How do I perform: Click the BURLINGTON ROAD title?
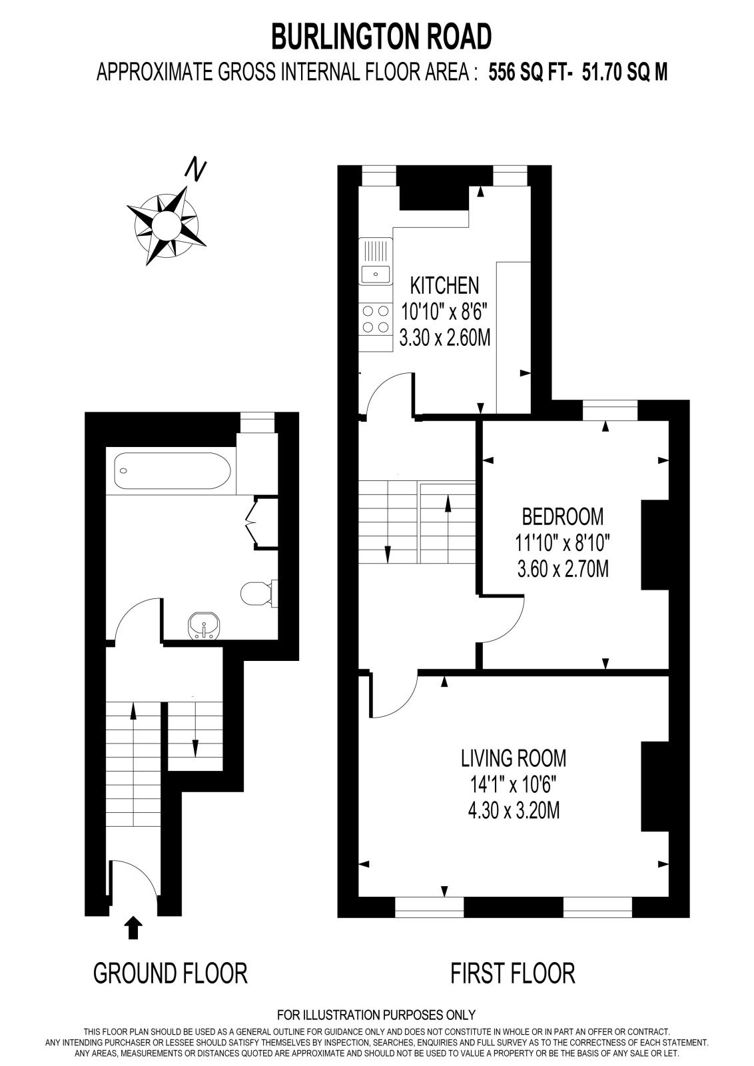pyautogui.click(x=381, y=37)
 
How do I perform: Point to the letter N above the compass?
pyautogui.click(x=196, y=169)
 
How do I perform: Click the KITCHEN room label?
pyautogui.click(x=444, y=286)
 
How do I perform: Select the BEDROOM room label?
pyautogui.click(x=563, y=516)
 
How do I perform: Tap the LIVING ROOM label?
pyautogui.click(x=514, y=758)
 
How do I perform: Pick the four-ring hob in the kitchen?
pyautogui.click(x=376, y=319)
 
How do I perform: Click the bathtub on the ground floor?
pyautogui.click(x=173, y=471)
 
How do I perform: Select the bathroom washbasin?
pyautogui.click(x=204, y=626)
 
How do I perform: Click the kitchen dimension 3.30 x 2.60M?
pyautogui.click(x=444, y=338)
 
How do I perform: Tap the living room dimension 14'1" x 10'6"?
pyautogui.click(x=514, y=785)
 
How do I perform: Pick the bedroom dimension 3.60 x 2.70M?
pyautogui.click(x=563, y=569)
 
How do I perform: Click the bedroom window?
pyautogui.click(x=610, y=410)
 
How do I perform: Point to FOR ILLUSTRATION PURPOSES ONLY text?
pyautogui.click(x=376, y=1015)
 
